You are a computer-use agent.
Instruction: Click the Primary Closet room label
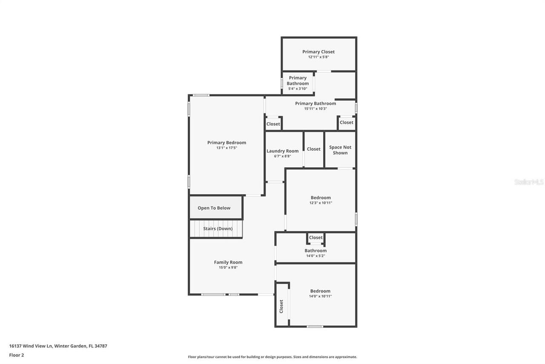[318, 52]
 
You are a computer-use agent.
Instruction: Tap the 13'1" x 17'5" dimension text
[227, 148]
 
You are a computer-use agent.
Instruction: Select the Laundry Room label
[282, 151]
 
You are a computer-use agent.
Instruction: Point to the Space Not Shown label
[340, 150]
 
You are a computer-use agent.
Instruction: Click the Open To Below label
[214, 208]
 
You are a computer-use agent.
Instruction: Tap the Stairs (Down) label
[218, 229]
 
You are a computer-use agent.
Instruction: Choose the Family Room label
[228, 262]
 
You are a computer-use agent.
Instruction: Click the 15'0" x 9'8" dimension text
[228, 268]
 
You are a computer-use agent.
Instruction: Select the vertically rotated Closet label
[281, 306]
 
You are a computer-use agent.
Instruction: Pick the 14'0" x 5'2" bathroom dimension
[315, 256]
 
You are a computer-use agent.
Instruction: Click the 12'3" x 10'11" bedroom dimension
[321, 203]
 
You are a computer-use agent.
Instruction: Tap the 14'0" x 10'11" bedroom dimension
[320, 296]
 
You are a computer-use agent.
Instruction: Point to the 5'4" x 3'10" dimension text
[297, 89]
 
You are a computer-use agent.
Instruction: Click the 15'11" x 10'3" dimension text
[316, 109]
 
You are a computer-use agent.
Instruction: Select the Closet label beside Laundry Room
[313, 149]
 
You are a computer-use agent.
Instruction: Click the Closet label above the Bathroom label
[316, 238]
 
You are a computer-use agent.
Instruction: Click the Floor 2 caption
[17, 355]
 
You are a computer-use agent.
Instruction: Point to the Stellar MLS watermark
[529, 182]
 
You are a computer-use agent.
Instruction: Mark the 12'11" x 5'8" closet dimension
[318, 57]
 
